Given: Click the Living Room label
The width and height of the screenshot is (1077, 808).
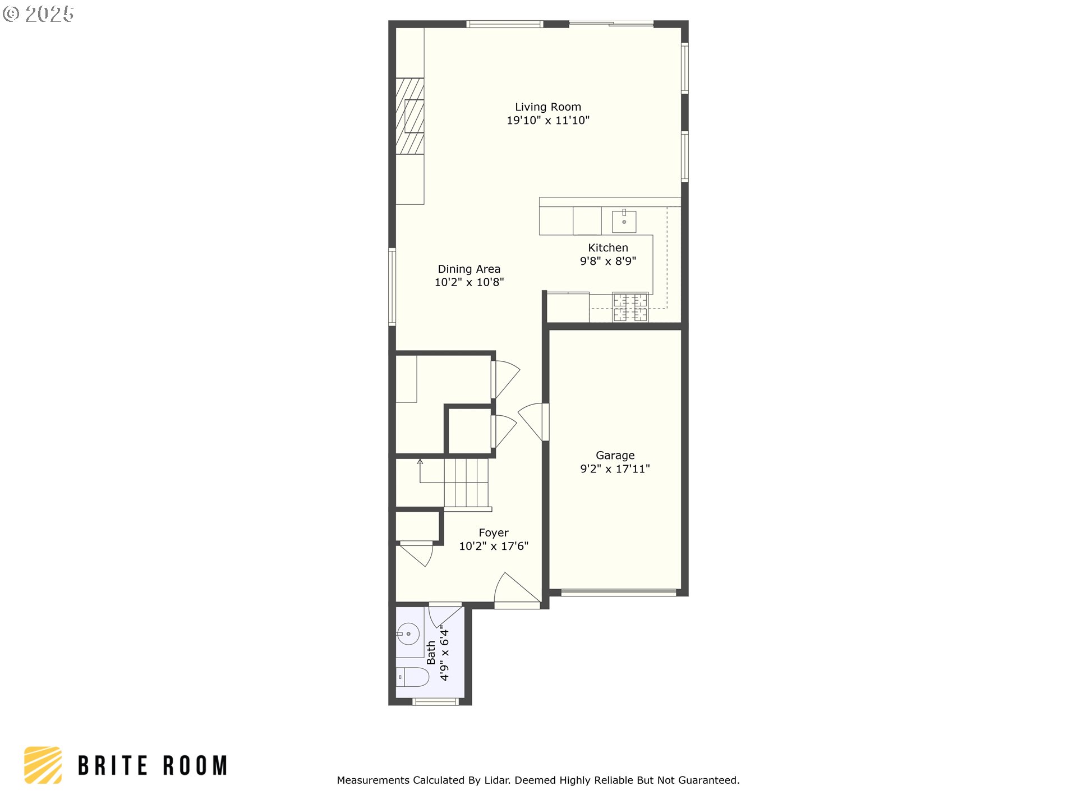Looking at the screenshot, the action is [548, 107].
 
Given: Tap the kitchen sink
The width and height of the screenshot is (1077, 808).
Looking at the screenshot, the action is [624, 221].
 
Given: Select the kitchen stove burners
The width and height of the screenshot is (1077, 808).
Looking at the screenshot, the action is [630, 307].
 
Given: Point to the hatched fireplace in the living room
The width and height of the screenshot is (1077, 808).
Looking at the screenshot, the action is [409, 116].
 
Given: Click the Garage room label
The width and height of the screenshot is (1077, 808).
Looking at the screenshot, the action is [615, 456].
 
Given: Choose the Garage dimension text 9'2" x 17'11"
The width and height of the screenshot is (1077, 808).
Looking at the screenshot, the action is [615, 469].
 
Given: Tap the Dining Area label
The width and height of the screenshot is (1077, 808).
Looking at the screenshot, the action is [469, 269].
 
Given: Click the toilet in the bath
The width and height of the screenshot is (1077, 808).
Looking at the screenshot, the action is [412, 677].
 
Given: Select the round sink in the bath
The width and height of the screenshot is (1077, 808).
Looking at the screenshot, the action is [408, 634].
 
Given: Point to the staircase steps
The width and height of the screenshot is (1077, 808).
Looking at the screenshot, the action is [466, 483].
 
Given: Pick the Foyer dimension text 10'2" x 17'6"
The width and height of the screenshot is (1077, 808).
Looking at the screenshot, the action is [494, 547].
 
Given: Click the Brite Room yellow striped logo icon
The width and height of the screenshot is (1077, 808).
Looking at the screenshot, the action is [43, 765].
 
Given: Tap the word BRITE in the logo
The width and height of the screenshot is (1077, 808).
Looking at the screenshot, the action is [113, 766].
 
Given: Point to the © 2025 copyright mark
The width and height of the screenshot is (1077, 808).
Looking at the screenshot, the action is [38, 14].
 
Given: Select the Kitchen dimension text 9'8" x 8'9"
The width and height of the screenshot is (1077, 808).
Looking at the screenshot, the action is [608, 261].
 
